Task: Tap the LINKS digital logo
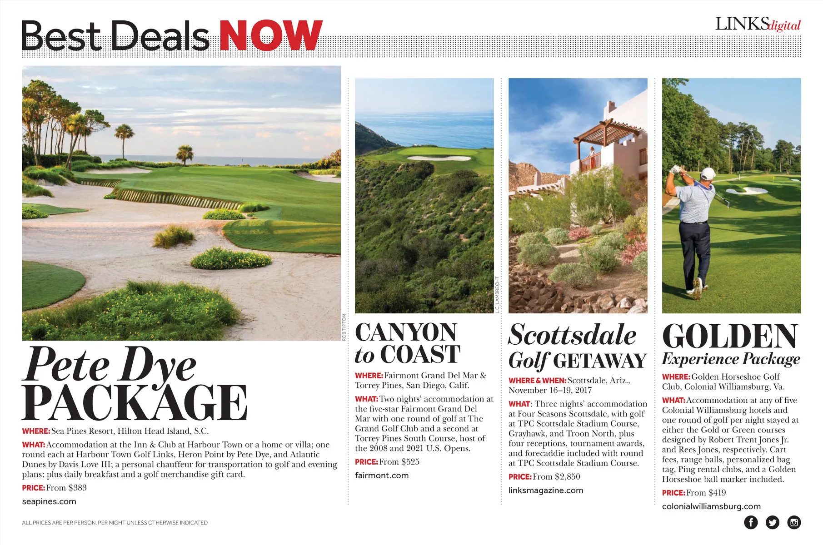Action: point(758,24)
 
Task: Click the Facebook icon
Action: point(751,522)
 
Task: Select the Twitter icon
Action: point(772,522)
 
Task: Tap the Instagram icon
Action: point(794,522)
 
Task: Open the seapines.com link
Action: point(49,501)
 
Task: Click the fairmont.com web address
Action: point(382,476)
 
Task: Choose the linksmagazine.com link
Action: point(545,490)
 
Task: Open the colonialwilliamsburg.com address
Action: point(711,506)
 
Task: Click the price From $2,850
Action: point(556,477)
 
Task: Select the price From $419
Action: point(705,493)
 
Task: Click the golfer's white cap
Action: point(708,173)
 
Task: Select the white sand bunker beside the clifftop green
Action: point(439,158)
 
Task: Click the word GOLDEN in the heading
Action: point(730,337)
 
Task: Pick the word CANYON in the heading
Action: point(405,332)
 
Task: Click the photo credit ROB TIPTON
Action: point(344,327)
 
